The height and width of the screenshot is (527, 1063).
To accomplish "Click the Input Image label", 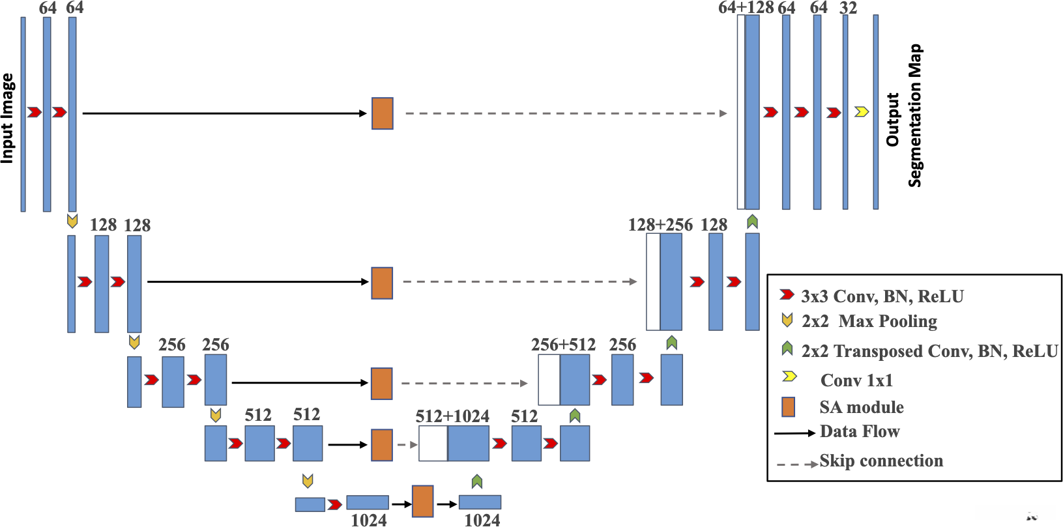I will pos(7,118).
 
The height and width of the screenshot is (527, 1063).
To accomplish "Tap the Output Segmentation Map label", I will pos(905,115).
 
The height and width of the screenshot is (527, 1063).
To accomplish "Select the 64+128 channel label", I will pos(746,8).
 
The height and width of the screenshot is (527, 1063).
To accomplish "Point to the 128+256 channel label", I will pos(660,225).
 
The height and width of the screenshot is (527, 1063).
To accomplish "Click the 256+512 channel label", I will pos(563,345).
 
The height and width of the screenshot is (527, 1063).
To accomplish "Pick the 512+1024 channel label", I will pos(452,416).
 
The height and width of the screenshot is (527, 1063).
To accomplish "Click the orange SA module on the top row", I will pos(383,113).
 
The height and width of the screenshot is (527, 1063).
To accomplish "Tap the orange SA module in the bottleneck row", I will pos(422,501).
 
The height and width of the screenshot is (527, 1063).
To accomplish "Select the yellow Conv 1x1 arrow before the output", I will pos(862,112).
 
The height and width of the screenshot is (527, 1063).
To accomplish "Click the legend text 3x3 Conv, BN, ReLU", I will pos(882,296).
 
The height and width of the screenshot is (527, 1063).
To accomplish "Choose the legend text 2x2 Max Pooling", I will pos(869,321).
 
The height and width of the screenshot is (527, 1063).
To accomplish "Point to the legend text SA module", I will pos(862,407).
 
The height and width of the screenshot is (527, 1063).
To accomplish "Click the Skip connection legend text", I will pos(881,461).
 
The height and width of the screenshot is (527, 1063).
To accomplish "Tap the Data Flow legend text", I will pos(860,431).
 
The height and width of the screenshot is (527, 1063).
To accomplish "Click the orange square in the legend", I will pos(788,407).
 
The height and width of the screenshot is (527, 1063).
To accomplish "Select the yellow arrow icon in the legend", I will pos(789,376).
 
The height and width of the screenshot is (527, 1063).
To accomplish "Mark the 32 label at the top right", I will pos(848,8).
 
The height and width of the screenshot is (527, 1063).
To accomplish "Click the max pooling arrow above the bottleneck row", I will pos(308,481).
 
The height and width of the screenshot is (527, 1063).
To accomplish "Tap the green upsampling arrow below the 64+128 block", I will pos(752,221).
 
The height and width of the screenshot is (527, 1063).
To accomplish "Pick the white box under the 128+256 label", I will pos(653,282).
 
